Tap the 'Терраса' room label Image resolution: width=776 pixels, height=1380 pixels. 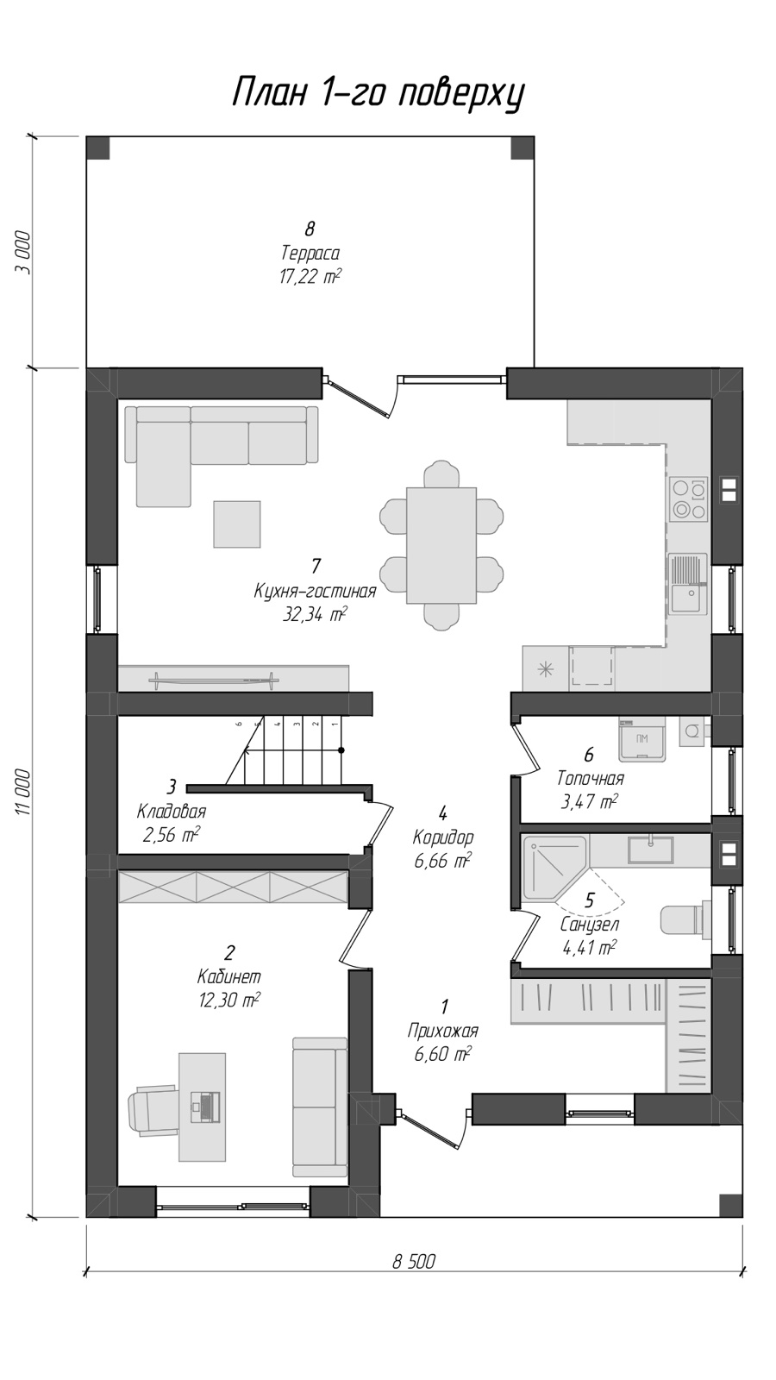click(310, 254)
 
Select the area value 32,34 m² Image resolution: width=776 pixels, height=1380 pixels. click(314, 615)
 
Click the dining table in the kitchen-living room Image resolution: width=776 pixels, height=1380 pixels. click(441, 546)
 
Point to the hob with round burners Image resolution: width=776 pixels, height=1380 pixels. click(689, 499)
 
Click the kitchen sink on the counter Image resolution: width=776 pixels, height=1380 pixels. click(688, 584)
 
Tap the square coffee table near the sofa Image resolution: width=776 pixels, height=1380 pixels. click(237, 524)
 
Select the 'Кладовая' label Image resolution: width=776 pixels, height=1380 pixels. click(172, 811)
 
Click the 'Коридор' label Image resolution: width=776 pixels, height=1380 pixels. click(443, 837)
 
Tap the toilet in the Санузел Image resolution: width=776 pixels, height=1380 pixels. click(685, 919)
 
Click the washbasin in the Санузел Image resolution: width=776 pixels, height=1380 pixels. click(651, 850)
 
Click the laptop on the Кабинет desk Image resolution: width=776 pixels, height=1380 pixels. click(203, 1107)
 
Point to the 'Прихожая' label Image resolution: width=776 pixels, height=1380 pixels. click(443, 1031)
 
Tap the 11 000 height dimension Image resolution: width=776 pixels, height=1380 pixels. click(23, 793)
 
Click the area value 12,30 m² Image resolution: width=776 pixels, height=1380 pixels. click(229, 1000)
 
